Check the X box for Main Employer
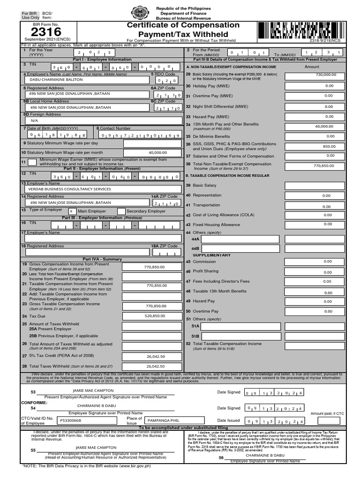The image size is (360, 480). pos(72,211)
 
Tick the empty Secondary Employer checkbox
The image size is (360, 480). pos(121,211)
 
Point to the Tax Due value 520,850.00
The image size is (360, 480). pos(155,316)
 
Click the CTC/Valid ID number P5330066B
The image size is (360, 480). pos(70,420)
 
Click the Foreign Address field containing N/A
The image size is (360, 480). pos(35,120)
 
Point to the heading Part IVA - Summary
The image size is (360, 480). pos(102,259)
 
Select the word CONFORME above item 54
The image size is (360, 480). pos(34,403)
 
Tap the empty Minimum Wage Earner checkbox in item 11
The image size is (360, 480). pos(32,162)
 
